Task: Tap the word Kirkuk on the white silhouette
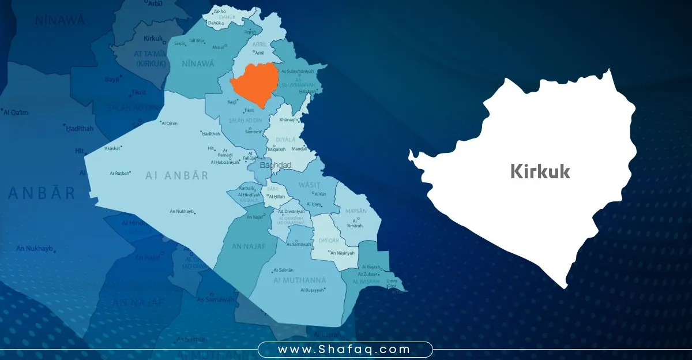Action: (x=540, y=171)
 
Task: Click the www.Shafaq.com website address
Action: (x=344, y=350)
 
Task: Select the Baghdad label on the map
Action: (x=276, y=166)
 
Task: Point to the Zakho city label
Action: (x=219, y=12)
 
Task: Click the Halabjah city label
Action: (x=307, y=91)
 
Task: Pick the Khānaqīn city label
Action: (x=289, y=120)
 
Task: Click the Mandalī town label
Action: (x=300, y=149)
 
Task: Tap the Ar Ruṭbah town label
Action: (x=119, y=173)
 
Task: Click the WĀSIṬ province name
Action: (x=309, y=185)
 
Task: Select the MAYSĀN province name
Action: (x=355, y=211)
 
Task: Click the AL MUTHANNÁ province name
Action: (x=300, y=280)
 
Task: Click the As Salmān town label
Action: (x=284, y=270)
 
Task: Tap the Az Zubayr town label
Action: (x=369, y=275)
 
